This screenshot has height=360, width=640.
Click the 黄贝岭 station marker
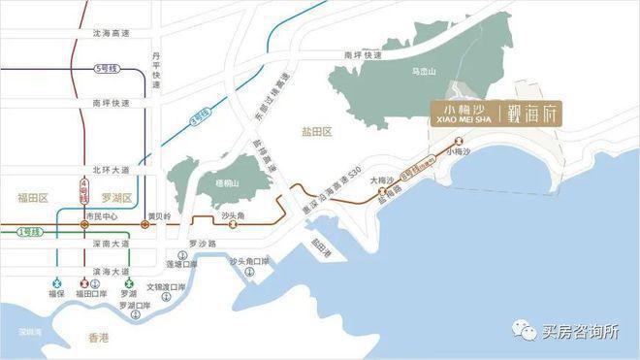point(145,226)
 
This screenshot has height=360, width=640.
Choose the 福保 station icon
point(55,279)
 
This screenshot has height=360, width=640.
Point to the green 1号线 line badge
point(29,232)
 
